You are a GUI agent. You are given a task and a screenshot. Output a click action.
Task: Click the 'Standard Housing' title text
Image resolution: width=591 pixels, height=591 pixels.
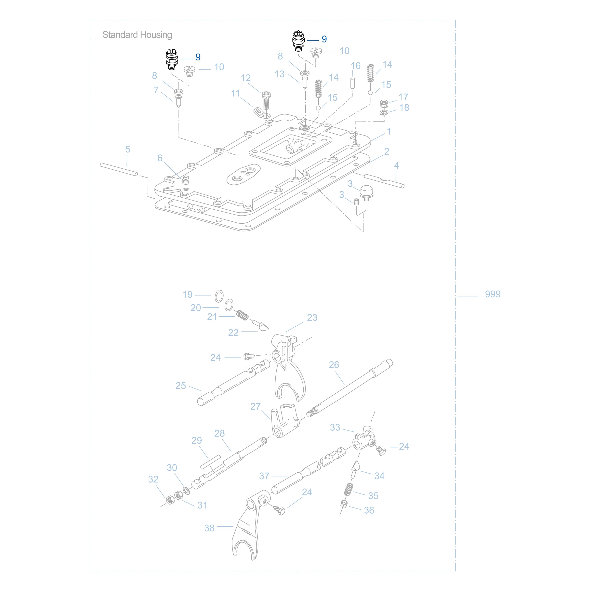tap(137, 35)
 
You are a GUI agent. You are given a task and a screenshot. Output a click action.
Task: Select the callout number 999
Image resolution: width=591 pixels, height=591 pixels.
tap(492, 294)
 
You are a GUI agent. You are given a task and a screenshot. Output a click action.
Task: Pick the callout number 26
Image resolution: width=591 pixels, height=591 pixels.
tap(334, 365)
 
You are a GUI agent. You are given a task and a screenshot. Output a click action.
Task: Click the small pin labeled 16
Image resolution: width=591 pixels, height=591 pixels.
tap(352, 83)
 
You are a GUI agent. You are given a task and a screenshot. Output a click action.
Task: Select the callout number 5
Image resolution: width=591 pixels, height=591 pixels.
tap(128, 149)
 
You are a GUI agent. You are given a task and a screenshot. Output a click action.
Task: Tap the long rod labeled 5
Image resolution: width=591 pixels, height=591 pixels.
tap(119, 170)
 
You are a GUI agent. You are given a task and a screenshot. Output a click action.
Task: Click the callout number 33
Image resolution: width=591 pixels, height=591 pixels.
tap(335, 427)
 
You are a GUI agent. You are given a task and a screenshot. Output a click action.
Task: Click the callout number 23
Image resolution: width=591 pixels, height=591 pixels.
tap(312, 318)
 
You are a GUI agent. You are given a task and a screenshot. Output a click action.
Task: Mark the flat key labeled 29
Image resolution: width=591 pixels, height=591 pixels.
tap(210, 462)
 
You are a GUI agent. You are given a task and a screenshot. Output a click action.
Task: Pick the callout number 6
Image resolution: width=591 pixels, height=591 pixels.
tap(160, 158)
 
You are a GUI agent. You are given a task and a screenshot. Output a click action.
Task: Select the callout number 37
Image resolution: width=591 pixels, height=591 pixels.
tap(264, 476)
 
